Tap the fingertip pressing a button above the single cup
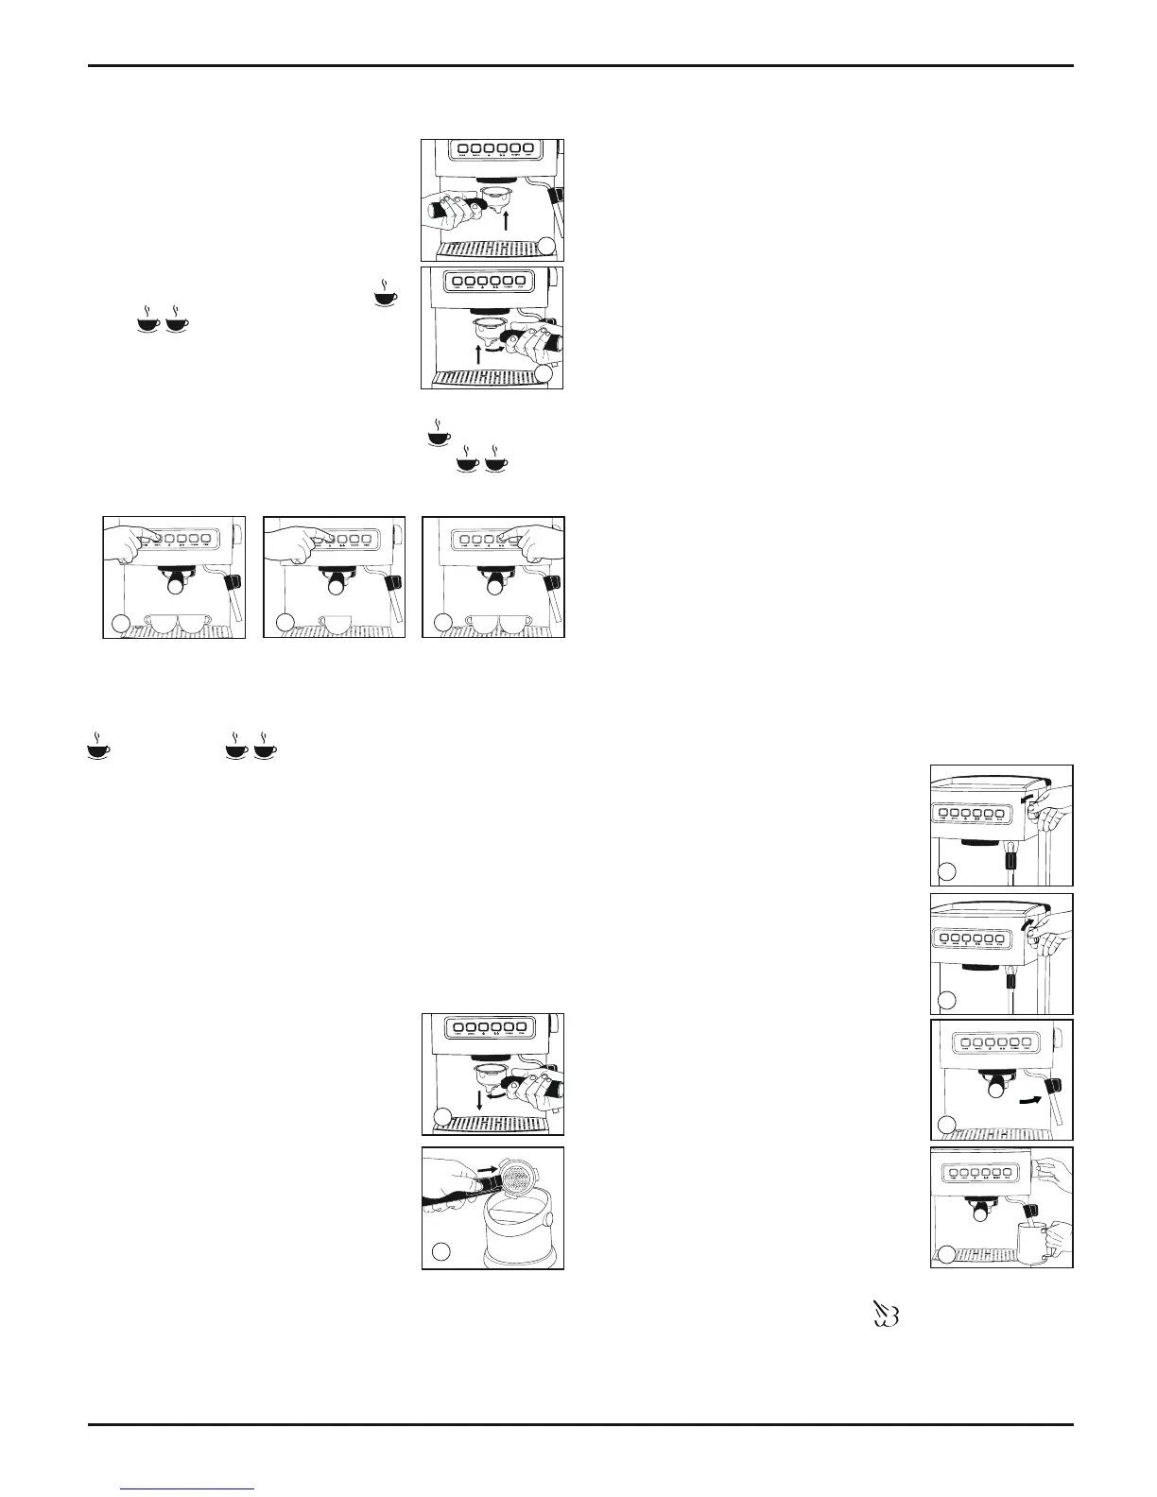313,540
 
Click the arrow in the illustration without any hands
1034,1100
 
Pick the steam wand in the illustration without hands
1056,1096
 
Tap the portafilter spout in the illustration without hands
994,1088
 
